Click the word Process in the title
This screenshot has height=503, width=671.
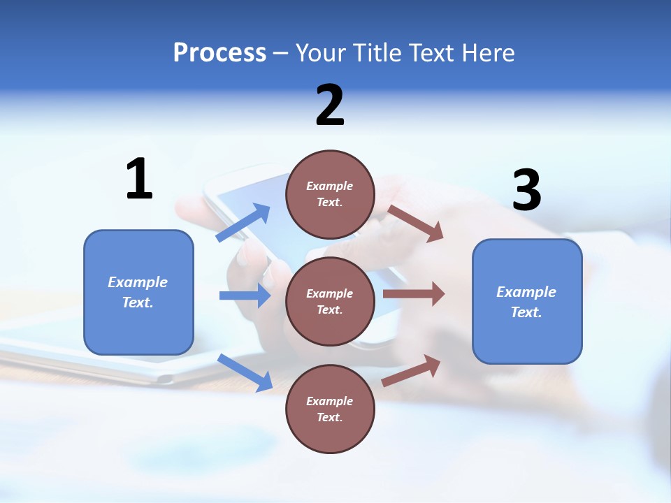pos(219,53)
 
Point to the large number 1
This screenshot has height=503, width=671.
pos(139,179)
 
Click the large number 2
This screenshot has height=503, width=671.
pos(330,105)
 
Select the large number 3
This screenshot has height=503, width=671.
pos(526,190)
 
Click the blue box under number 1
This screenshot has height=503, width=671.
pos(138,292)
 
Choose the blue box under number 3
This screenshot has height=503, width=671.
pos(527,301)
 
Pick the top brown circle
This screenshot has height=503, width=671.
pos(330,194)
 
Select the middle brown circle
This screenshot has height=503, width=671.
pos(330,301)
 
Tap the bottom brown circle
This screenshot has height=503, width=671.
pos(330,409)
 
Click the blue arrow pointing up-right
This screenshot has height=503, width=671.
pos(243,223)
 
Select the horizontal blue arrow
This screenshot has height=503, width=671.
pos(245,296)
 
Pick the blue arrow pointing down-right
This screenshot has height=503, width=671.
pos(245,372)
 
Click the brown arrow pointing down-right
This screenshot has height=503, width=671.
pos(416,224)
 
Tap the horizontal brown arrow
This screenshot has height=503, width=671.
pos(414,294)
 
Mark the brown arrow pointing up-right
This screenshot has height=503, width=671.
pos(411,371)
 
